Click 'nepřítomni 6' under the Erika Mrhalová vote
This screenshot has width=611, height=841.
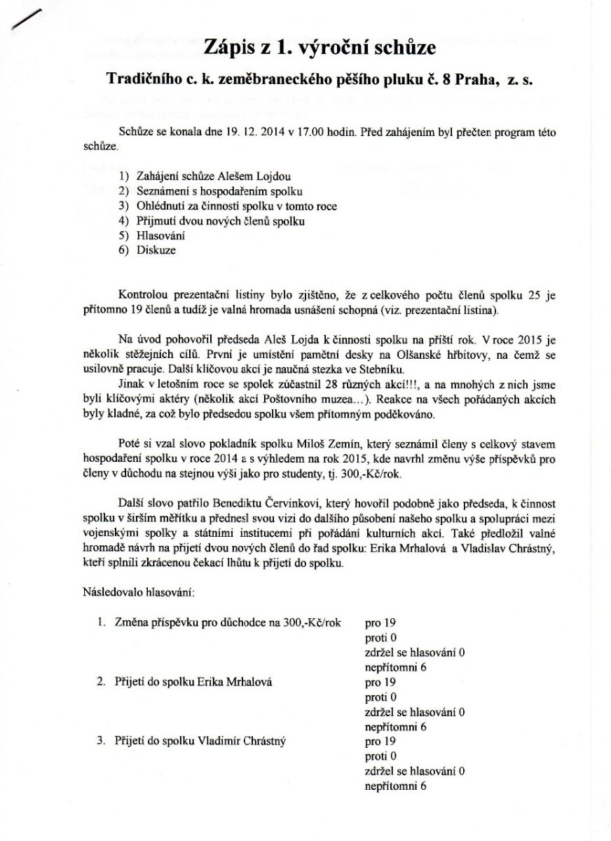click(x=396, y=727)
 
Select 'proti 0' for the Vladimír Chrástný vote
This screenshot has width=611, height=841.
click(x=381, y=756)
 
